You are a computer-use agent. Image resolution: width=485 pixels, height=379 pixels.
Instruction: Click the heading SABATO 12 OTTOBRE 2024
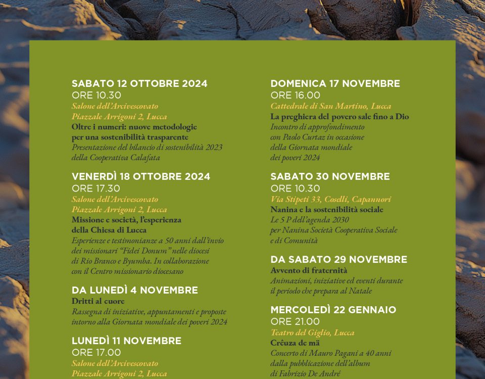139,84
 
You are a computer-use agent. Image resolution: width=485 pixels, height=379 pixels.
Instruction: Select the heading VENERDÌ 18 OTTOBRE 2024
141,177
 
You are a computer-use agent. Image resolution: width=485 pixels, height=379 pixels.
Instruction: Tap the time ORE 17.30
96,188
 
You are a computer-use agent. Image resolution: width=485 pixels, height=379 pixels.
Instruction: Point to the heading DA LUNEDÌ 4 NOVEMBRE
134,291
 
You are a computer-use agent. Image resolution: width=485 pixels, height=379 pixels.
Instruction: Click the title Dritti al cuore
98,301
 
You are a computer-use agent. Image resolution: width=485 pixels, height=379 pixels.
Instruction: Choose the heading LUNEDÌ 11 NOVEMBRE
126,341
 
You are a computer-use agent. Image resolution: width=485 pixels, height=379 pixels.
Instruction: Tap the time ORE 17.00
96,353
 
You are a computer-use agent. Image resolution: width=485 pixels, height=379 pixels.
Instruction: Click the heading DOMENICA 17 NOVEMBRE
335,84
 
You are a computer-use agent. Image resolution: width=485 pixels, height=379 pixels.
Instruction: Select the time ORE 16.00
295,96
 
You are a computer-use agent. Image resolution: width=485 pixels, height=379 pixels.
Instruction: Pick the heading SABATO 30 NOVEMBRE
330,177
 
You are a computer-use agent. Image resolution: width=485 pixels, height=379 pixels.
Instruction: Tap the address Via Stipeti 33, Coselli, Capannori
330,199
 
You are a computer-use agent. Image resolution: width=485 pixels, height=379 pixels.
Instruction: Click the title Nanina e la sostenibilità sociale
327,210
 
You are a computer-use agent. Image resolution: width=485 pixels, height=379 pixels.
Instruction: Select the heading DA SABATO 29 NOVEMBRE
338,260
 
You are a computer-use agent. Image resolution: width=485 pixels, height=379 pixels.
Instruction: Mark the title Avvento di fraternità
309,270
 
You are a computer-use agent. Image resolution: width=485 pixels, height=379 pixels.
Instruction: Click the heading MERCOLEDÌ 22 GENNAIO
333,310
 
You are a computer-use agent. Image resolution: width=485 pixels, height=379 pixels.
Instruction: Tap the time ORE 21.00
295,322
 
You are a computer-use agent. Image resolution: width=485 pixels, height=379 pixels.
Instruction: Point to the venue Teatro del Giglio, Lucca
312,333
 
